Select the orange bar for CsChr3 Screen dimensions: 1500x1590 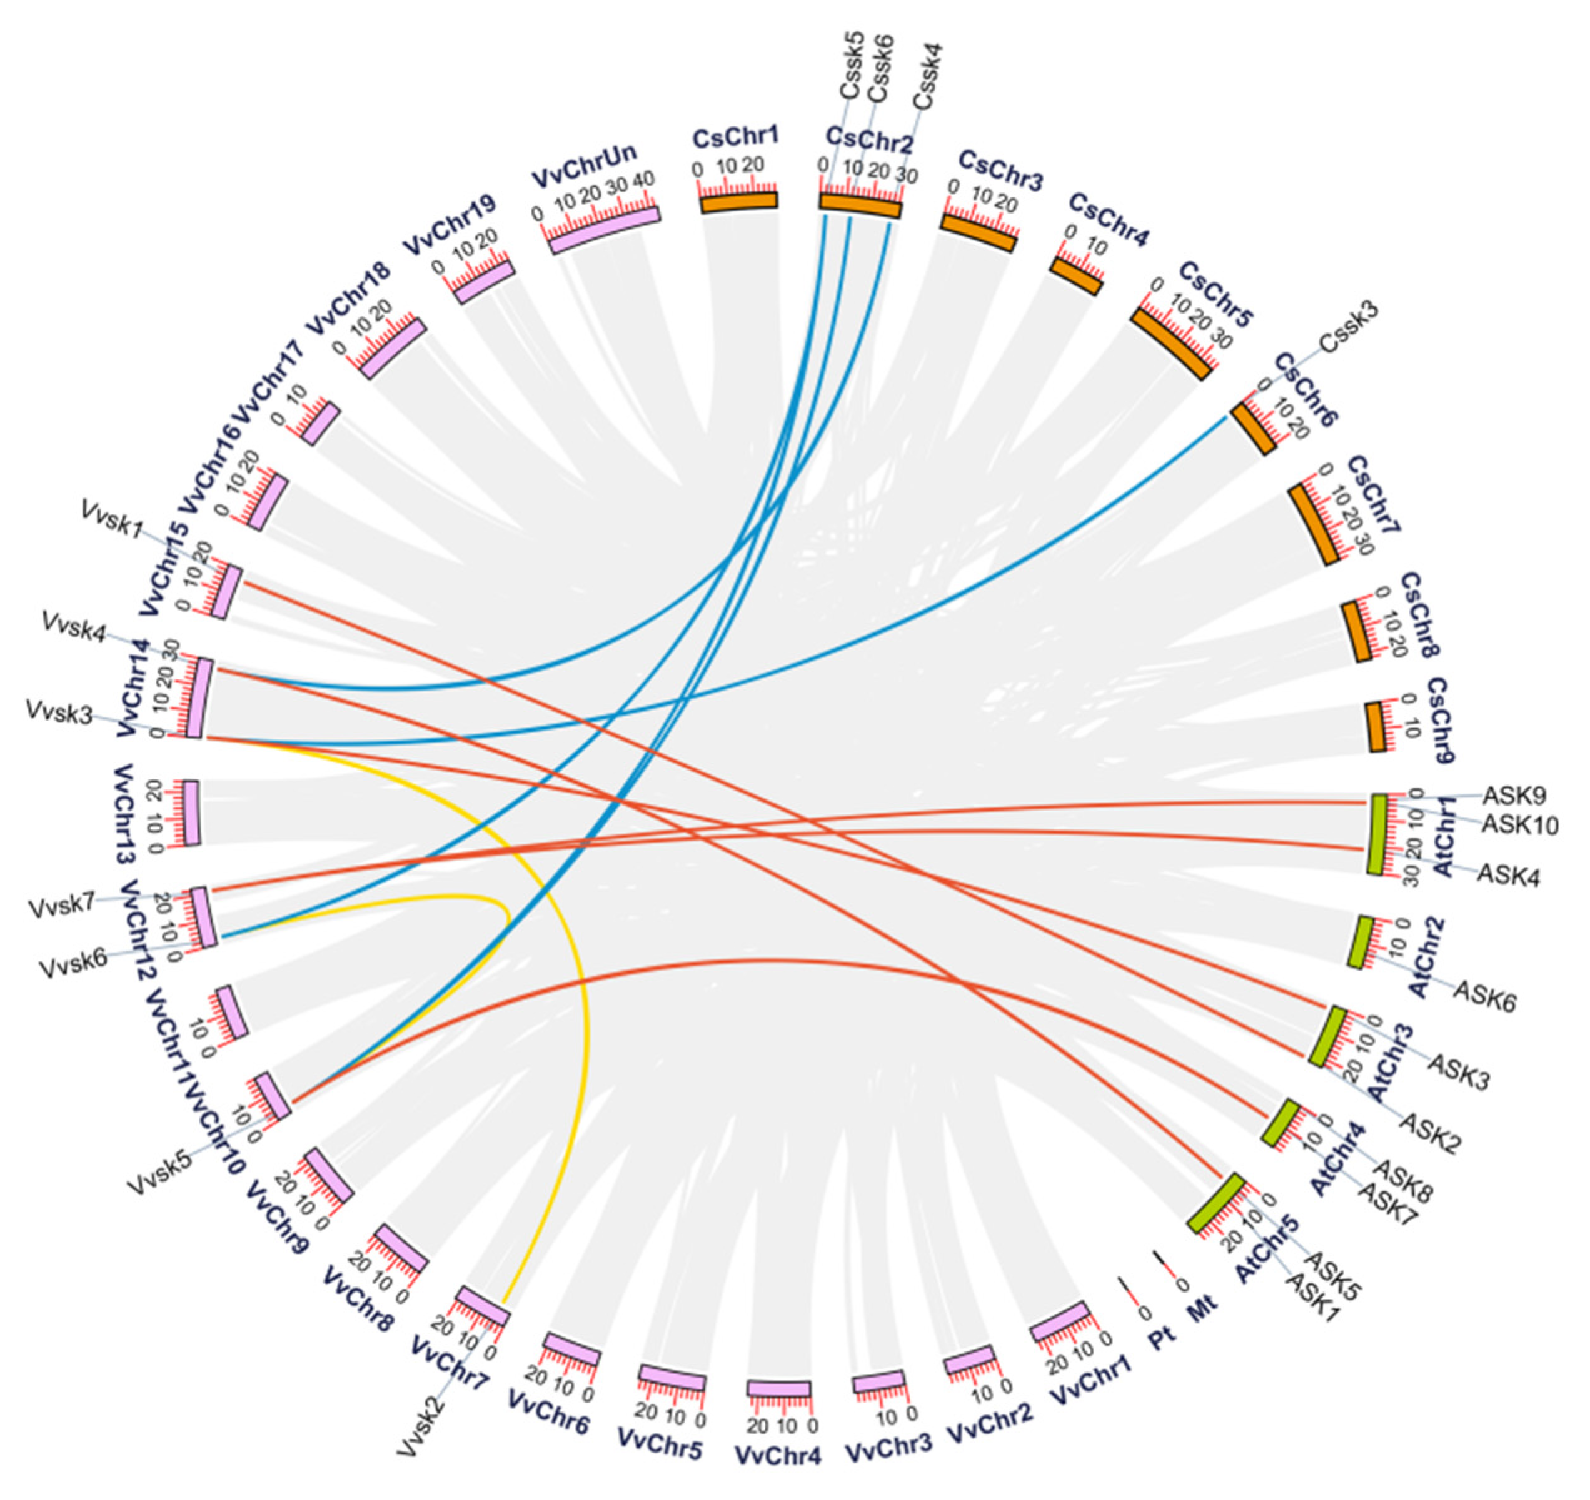[978, 231]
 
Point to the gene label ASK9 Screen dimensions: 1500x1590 [1513, 796]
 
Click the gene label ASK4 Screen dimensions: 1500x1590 [1507, 875]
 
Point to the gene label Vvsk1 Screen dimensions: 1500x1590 [112, 520]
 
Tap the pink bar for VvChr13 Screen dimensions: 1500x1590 [191, 812]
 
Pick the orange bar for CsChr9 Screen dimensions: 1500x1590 [1375, 726]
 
